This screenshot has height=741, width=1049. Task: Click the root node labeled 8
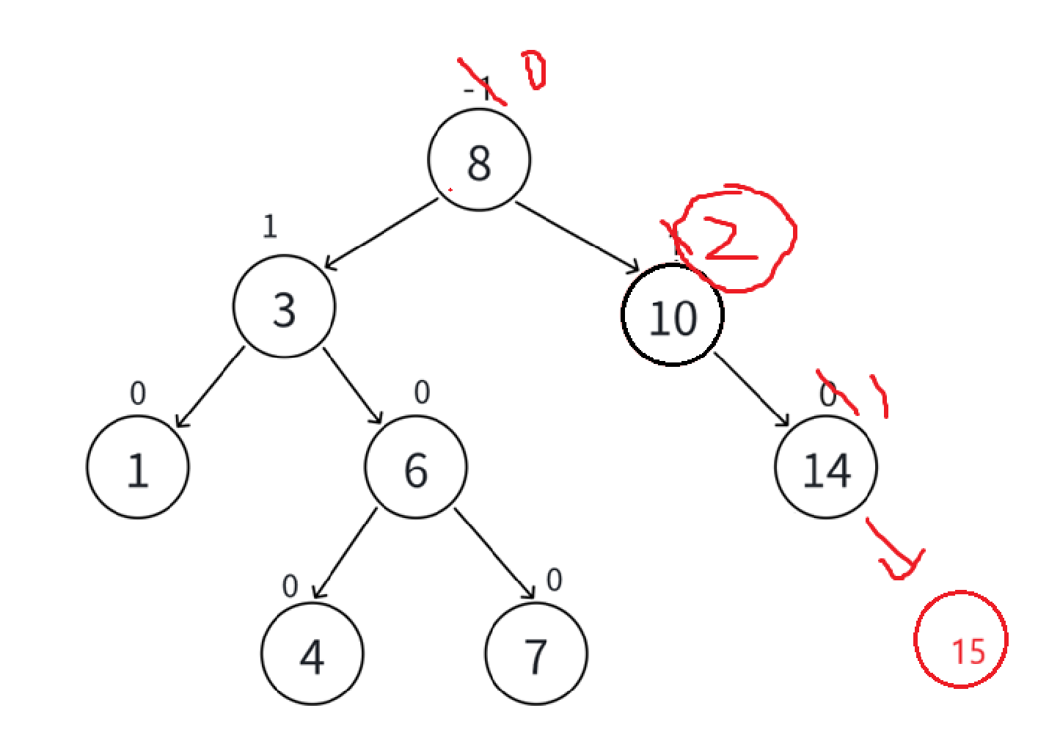[479, 160]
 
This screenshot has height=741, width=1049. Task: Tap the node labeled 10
[672, 315]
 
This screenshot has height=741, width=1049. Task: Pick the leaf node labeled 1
[138, 467]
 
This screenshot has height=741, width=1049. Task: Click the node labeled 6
[416, 467]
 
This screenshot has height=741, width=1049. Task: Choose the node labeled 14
[826, 467]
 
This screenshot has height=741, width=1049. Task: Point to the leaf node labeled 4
[312, 654]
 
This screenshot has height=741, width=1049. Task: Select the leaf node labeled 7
[536, 654]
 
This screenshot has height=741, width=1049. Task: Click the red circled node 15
[961, 640]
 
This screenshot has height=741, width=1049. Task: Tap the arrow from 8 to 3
[380, 234]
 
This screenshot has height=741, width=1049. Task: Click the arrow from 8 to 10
[577, 236]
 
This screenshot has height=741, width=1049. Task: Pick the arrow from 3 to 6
[353, 386]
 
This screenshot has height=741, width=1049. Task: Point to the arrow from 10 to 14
[752, 390]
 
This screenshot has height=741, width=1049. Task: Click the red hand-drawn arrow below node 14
[895, 550]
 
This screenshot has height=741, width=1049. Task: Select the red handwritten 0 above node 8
[534, 70]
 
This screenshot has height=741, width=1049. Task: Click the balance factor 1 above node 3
[270, 227]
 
